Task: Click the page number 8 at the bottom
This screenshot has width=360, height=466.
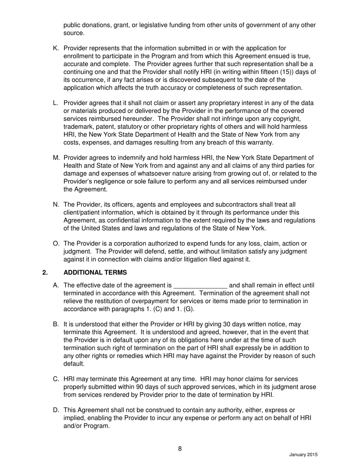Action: (x=180, y=449)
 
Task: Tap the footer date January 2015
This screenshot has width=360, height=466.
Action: (x=303, y=455)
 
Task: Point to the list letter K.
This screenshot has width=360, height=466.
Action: (x=56, y=48)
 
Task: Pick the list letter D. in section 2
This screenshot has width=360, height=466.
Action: (x=56, y=410)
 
